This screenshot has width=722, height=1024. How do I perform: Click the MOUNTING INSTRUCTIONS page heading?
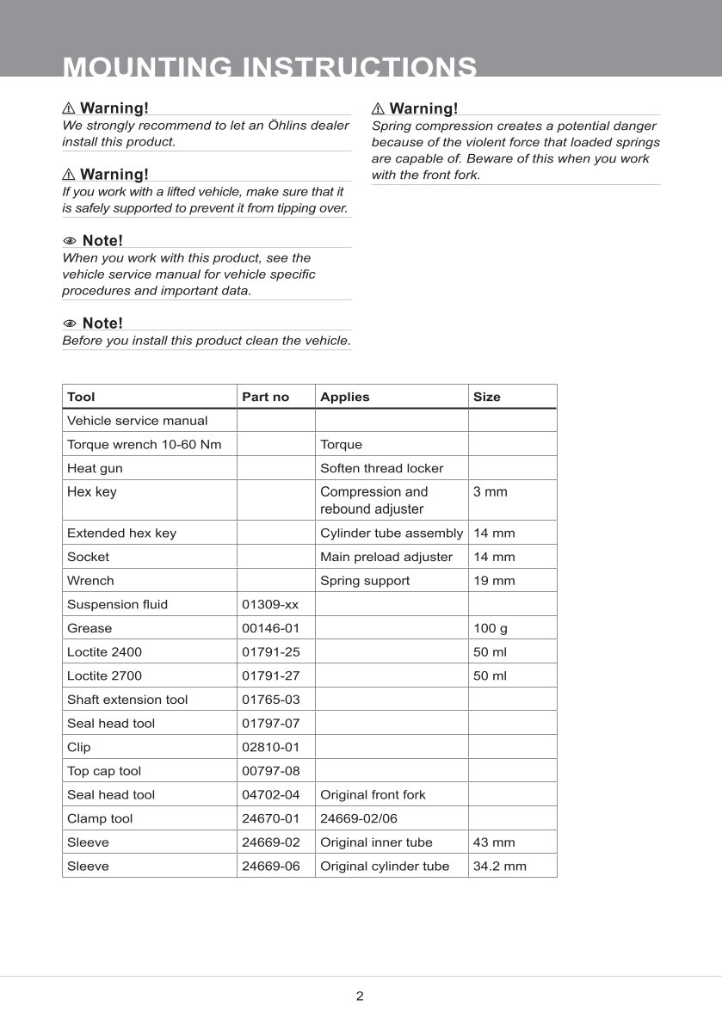[270, 67]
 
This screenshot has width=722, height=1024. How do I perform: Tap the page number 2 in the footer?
[360, 996]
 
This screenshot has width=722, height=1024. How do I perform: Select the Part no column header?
[266, 397]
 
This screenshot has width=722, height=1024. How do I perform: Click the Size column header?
[486, 397]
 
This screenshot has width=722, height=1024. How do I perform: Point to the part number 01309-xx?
[270, 604]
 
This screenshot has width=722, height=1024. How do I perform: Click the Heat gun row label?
[95, 468]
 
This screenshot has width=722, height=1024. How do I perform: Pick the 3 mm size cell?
[491, 492]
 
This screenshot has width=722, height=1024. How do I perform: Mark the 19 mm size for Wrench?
[494, 581]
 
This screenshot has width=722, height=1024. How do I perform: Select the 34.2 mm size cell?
[499, 866]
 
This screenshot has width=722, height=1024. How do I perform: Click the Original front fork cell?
[373, 794]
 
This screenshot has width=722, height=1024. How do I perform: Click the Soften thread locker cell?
[381, 468]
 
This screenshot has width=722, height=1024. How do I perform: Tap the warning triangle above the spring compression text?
[378, 108]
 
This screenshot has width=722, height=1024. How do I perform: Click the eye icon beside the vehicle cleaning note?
[70, 324]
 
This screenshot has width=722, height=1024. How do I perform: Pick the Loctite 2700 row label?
[104, 675]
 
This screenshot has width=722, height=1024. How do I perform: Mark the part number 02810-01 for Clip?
[270, 747]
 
